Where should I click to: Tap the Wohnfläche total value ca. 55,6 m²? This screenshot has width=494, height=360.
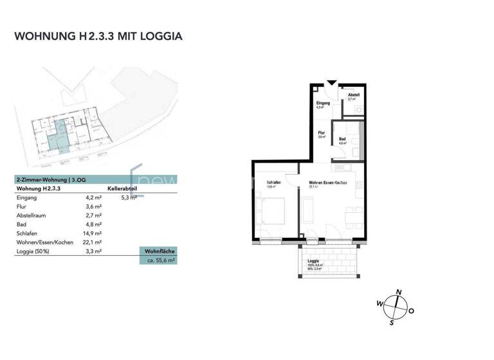[158, 260]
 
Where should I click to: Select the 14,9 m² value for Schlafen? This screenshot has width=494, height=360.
[95, 233]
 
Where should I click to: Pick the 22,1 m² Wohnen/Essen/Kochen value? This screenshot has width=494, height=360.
[95, 242]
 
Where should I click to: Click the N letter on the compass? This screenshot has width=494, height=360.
[399, 292]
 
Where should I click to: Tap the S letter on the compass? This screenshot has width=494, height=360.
[390, 323]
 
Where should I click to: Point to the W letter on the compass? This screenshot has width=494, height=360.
[380, 303]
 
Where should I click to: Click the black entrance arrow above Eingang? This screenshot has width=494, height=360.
[331, 82]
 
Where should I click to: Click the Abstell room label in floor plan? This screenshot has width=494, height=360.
[353, 95]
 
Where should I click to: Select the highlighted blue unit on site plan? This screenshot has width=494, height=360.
[59, 136]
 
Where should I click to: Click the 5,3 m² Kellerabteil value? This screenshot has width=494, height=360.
[129, 198]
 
